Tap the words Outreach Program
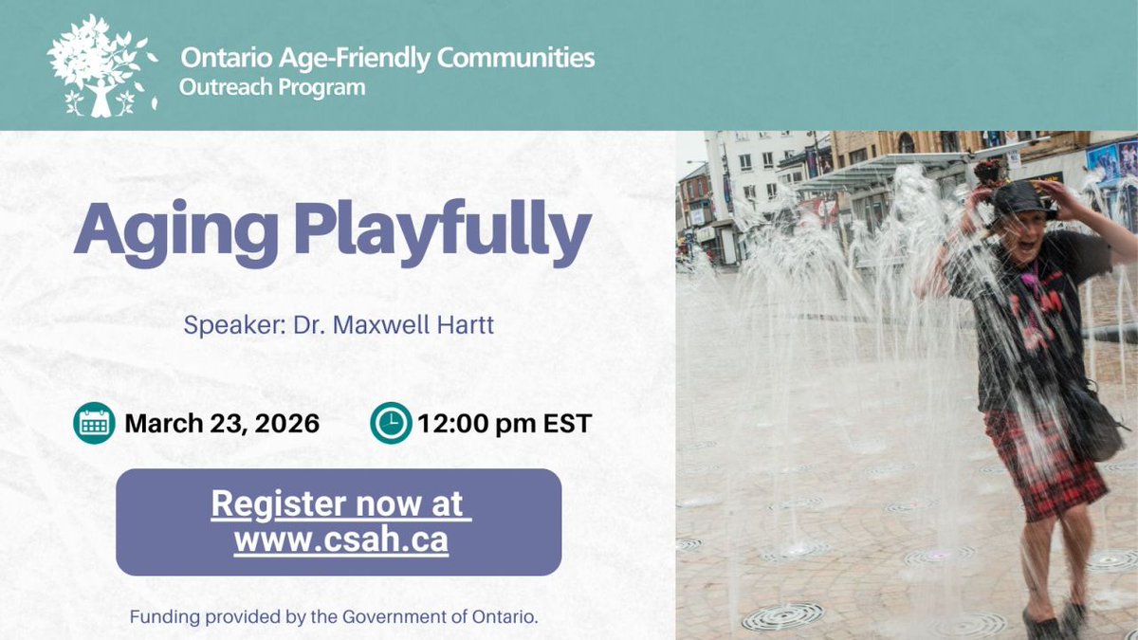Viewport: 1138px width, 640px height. coord(272,88)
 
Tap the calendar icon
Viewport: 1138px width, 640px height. coord(94,423)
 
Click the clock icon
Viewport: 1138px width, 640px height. coord(391,423)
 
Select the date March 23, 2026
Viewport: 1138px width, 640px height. coord(221,423)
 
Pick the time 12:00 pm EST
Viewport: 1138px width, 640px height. coord(505,423)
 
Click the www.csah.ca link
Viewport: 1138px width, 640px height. coord(340,540)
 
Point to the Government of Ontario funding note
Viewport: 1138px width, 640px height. coord(335,617)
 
